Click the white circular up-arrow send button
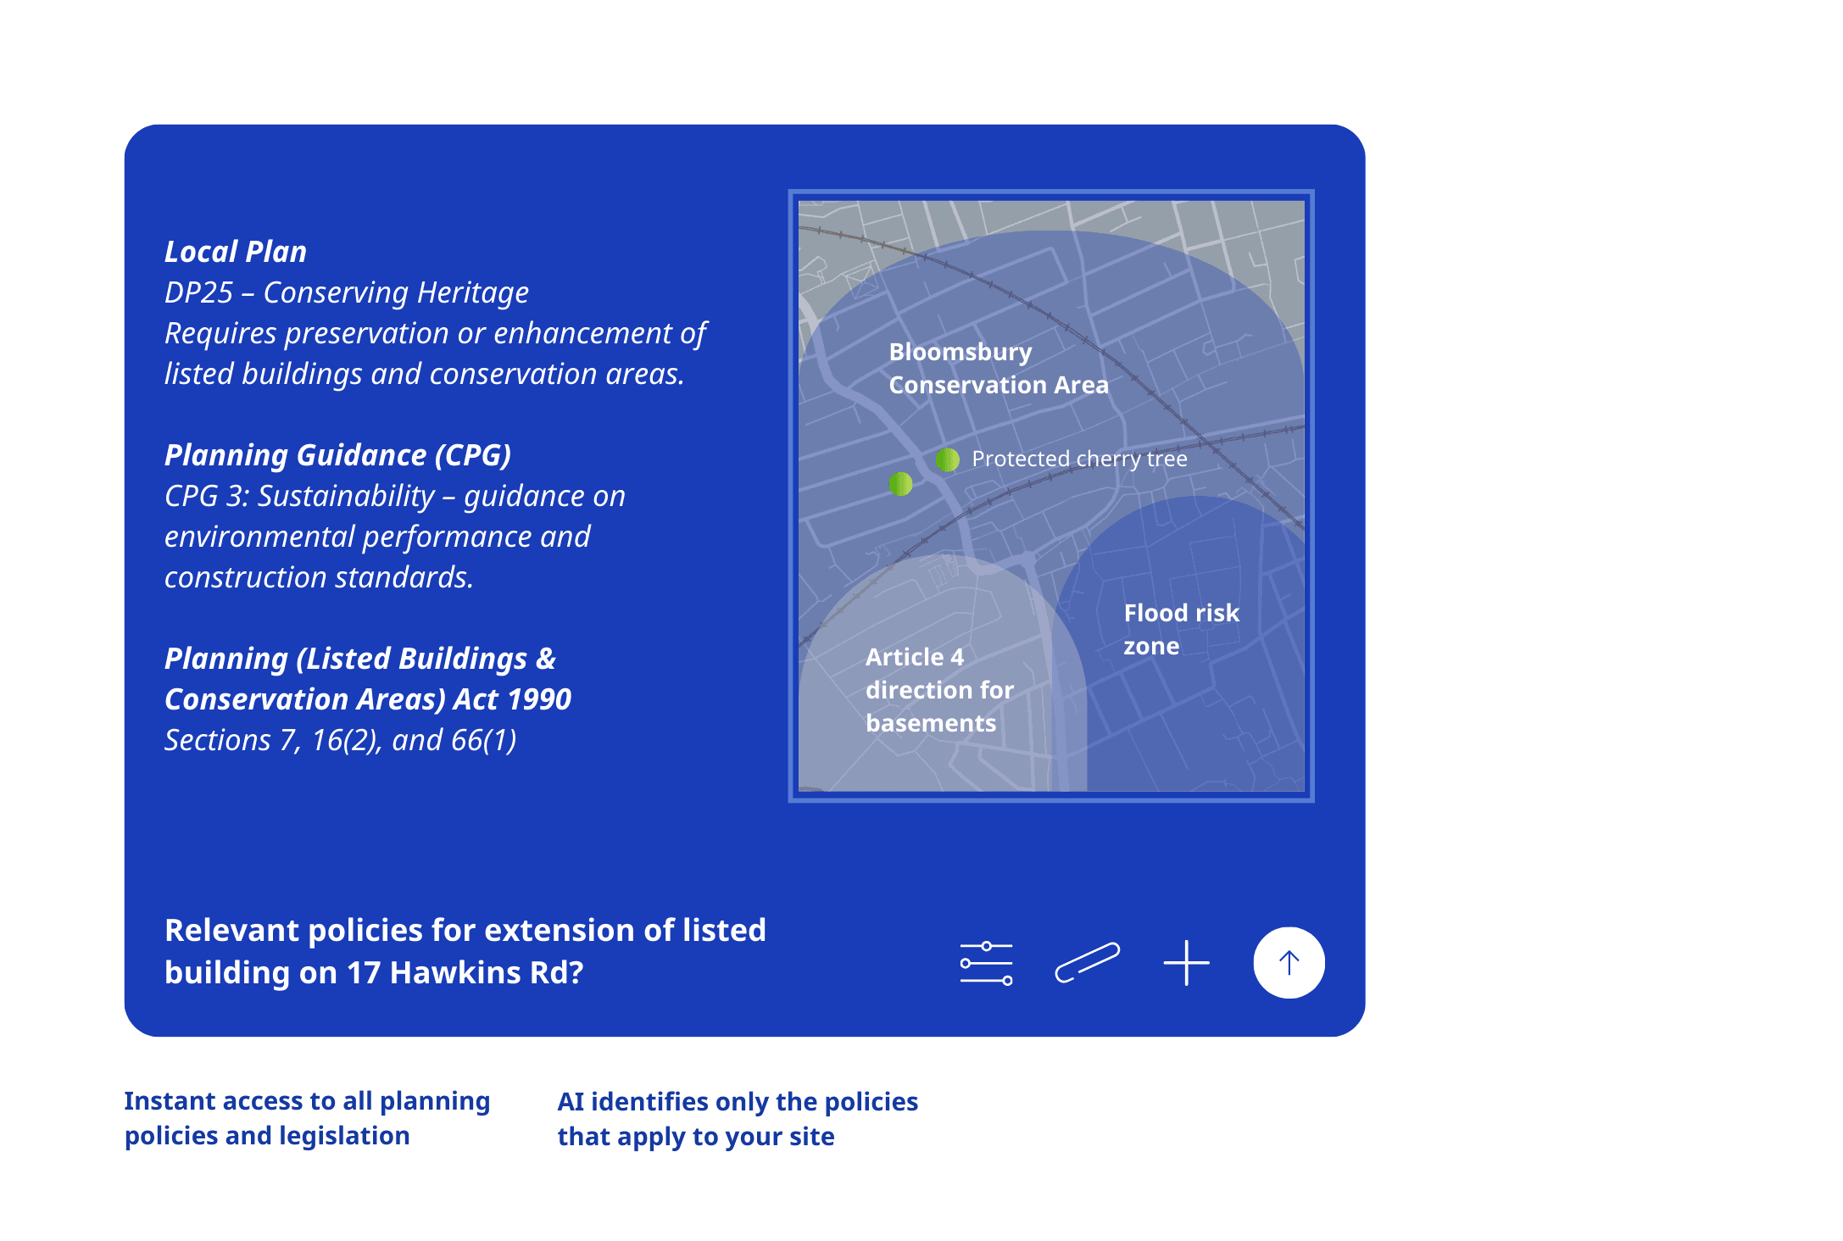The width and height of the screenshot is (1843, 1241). [x=1289, y=963]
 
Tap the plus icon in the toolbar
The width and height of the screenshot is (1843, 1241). [x=1186, y=963]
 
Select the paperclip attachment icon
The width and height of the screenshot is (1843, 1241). [x=1087, y=963]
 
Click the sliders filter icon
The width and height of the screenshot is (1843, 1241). [x=987, y=963]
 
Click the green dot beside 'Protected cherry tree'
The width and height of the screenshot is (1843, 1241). [x=947, y=459]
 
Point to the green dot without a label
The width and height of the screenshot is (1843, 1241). [x=900, y=484]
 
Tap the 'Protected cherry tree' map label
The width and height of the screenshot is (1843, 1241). [x=1079, y=459]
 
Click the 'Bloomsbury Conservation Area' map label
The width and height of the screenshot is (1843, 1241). [x=999, y=368]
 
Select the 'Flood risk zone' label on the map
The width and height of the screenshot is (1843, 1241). [x=1182, y=629]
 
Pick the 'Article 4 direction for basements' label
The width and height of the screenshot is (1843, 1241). [x=939, y=690]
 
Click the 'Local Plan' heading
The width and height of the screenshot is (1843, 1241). [x=236, y=252]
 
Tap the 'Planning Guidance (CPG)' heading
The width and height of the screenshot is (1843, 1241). [x=337, y=455]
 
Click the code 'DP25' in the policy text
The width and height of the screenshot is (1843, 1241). [x=198, y=292]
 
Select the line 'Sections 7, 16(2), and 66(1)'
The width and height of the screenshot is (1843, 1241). [x=340, y=740]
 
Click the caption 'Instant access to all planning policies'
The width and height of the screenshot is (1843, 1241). [x=307, y=1118]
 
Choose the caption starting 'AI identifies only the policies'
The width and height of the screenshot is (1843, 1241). [x=738, y=1119]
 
